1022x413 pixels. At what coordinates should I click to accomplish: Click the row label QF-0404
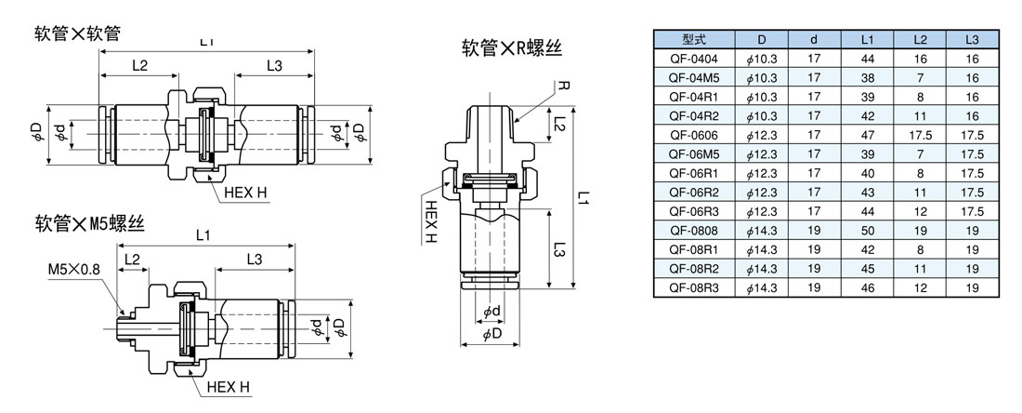[x=693, y=58]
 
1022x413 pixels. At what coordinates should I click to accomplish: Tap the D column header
[x=761, y=40]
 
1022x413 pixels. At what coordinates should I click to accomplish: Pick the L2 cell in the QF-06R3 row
[x=920, y=211]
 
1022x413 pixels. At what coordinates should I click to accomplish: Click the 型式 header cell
[x=693, y=40]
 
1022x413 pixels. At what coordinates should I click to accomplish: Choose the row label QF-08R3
[x=693, y=287]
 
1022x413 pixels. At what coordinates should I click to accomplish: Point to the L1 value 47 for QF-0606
[x=867, y=135]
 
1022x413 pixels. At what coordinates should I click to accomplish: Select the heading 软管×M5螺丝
[x=89, y=223]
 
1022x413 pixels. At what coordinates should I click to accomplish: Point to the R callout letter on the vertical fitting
[x=563, y=85]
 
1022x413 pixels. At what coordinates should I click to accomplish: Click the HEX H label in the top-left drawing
[x=245, y=193]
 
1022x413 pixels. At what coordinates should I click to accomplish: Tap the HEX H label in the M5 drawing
[x=229, y=387]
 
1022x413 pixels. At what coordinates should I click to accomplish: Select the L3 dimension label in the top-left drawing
[x=275, y=66]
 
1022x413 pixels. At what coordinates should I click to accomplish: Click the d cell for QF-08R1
[x=814, y=249]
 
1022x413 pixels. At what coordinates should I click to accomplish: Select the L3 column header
[x=972, y=40]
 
